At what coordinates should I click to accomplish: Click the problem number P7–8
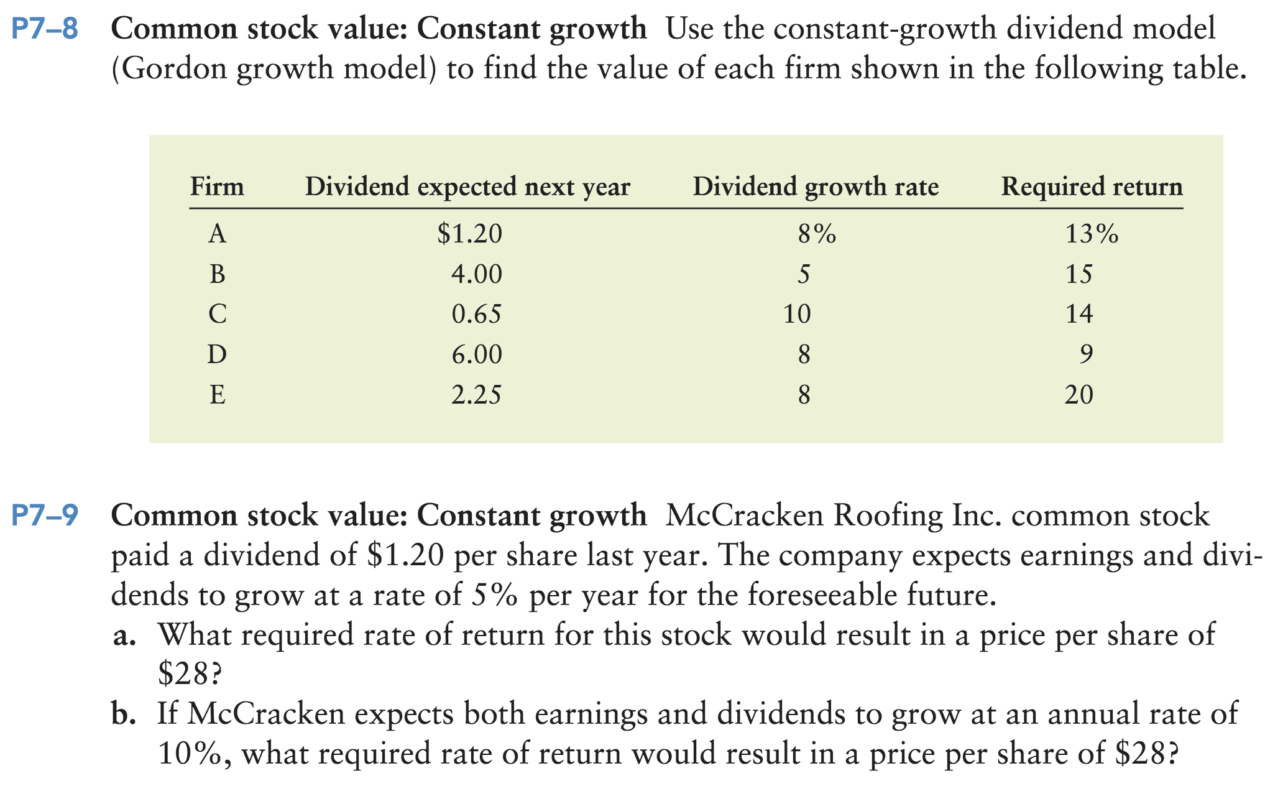[45, 30]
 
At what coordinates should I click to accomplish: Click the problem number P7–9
[45, 516]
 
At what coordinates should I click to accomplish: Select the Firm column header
[217, 187]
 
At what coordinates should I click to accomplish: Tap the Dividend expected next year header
[467, 187]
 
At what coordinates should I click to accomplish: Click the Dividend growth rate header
[816, 187]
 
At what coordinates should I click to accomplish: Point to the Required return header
[1092, 187]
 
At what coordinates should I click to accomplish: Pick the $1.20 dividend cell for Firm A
[469, 234]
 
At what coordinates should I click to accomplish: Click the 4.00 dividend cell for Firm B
[476, 274]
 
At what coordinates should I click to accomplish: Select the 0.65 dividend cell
[476, 314]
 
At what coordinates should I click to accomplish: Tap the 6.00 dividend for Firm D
[476, 354]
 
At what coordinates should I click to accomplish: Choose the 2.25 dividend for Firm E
[476, 395]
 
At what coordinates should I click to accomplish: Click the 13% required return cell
[1092, 234]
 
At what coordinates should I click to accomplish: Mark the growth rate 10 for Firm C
[797, 314]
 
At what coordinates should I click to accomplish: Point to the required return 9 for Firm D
[1085, 354]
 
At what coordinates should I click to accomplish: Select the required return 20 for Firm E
[1078, 395]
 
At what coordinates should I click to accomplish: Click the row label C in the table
[217, 314]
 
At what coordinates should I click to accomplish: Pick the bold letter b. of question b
[124, 715]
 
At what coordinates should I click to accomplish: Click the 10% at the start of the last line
[190, 754]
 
